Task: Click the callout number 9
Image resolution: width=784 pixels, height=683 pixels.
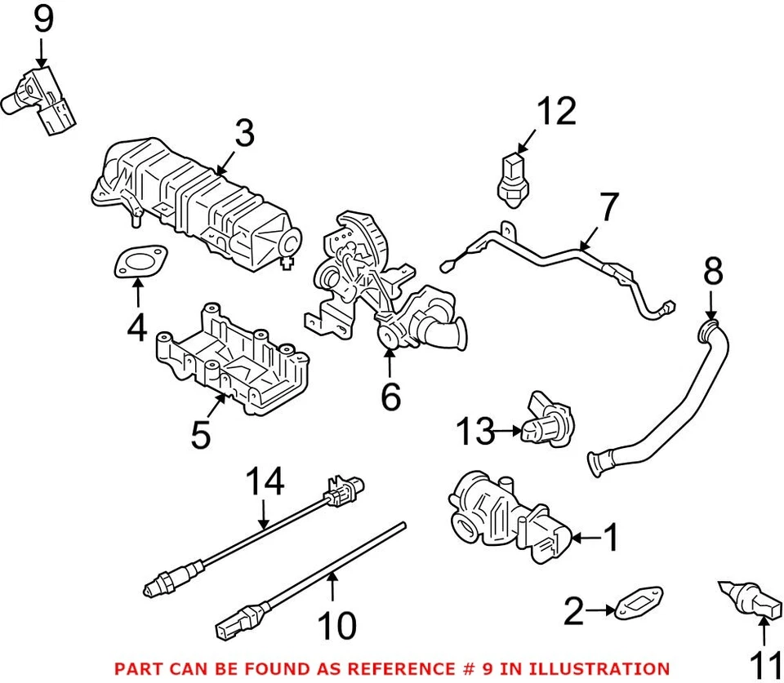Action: coord(42,20)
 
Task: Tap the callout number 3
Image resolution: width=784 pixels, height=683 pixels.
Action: coord(245,135)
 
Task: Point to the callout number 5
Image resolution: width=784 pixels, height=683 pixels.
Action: coord(200,435)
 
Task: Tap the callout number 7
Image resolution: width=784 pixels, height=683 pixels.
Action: coord(609,208)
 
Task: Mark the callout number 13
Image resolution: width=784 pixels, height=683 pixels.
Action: coord(474,432)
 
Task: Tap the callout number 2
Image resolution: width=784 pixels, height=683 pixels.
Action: coord(574,610)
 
